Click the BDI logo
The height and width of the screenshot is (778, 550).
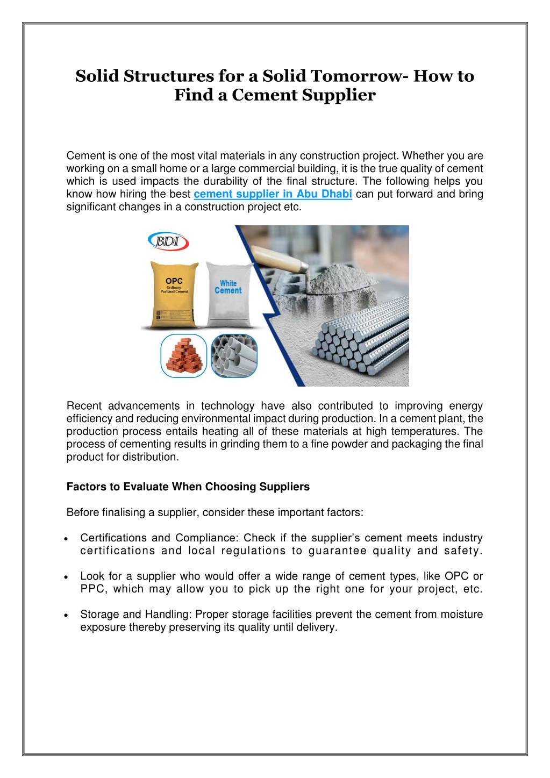coord(168,242)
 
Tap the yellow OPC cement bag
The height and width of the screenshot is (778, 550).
coord(174,295)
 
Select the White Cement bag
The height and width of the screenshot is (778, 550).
coord(228,295)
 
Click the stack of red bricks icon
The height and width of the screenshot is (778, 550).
coord(183,355)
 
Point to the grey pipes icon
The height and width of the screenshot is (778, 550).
coord(234,355)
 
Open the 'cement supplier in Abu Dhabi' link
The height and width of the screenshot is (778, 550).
coord(273,194)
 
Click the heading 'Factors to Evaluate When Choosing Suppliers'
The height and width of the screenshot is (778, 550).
coord(188,487)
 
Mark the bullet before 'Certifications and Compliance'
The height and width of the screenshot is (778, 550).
coord(65,539)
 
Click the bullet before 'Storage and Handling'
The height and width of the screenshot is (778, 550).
coord(65,615)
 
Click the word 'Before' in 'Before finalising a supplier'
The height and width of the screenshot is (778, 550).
coord(82,512)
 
